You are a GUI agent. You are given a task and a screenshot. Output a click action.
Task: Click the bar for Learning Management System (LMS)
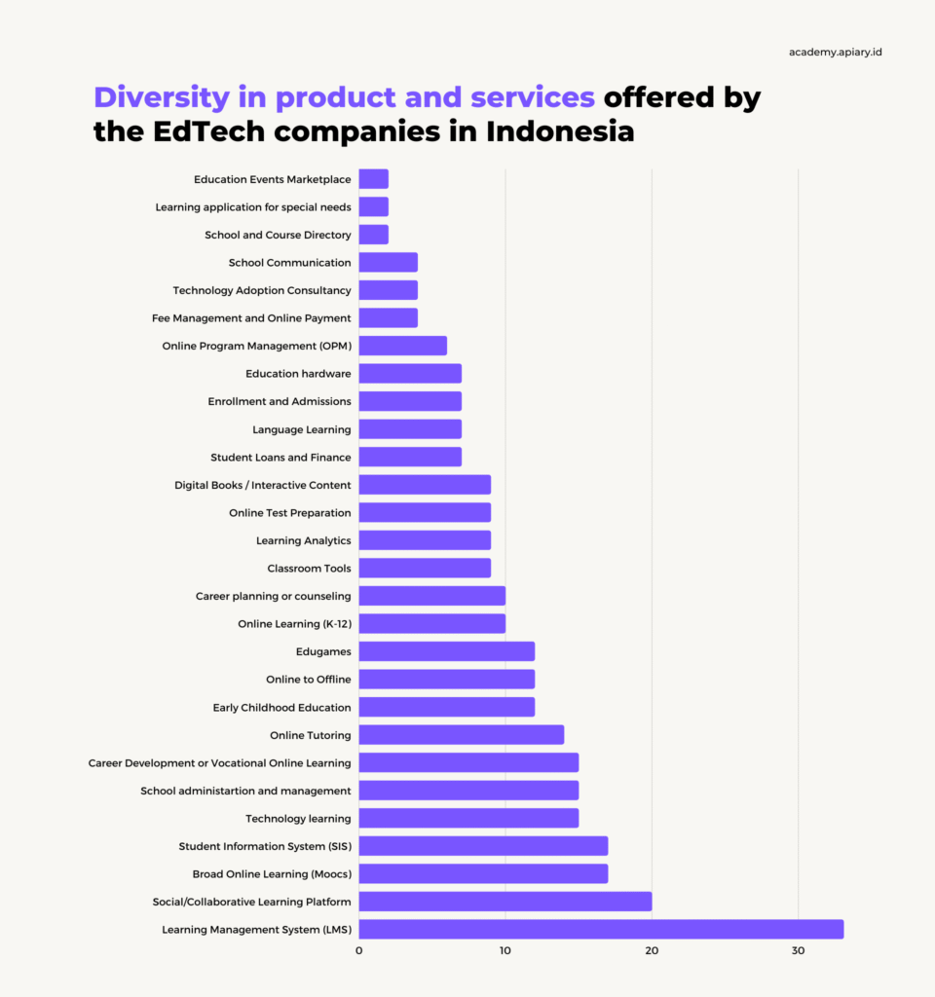pyautogui.click(x=601, y=929)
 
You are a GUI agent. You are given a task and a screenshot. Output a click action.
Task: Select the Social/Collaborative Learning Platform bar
pyautogui.click(x=505, y=902)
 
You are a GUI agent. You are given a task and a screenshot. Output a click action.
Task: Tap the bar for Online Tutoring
pyautogui.click(x=461, y=735)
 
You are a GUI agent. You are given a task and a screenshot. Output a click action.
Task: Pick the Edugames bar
pyautogui.click(x=446, y=651)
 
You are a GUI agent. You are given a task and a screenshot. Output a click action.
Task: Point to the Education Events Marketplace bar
pyautogui.click(x=373, y=179)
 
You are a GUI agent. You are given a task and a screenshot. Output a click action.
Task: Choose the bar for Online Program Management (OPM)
pyautogui.click(x=402, y=346)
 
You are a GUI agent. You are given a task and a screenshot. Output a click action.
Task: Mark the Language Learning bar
pyautogui.click(x=410, y=429)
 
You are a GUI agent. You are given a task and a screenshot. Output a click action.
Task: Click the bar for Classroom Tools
pyautogui.click(x=425, y=568)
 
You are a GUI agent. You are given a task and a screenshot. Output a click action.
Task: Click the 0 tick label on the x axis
pyautogui.click(x=358, y=950)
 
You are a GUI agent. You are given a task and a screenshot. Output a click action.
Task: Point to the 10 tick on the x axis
pyautogui.click(x=505, y=950)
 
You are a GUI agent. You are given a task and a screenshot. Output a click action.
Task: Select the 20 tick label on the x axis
pyautogui.click(x=652, y=950)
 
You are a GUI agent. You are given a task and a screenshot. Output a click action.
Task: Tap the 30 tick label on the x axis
pyautogui.click(x=798, y=950)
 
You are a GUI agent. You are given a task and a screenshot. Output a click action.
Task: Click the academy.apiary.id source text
pyautogui.click(x=836, y=52)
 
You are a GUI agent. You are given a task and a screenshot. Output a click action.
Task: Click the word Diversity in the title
pyautogui.click(x=165, y=98)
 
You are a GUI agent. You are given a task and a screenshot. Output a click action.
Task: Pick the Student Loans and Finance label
pyautogui.click(x=280, y=458)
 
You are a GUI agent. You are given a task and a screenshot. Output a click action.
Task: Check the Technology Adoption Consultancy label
pyautogui.click(x=262, y=290)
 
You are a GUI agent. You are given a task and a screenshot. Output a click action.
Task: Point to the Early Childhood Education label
pyautogui.click(x=282, y=707)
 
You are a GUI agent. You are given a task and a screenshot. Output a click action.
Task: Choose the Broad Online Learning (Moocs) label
pyautogui.click(x=272, y=874)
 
